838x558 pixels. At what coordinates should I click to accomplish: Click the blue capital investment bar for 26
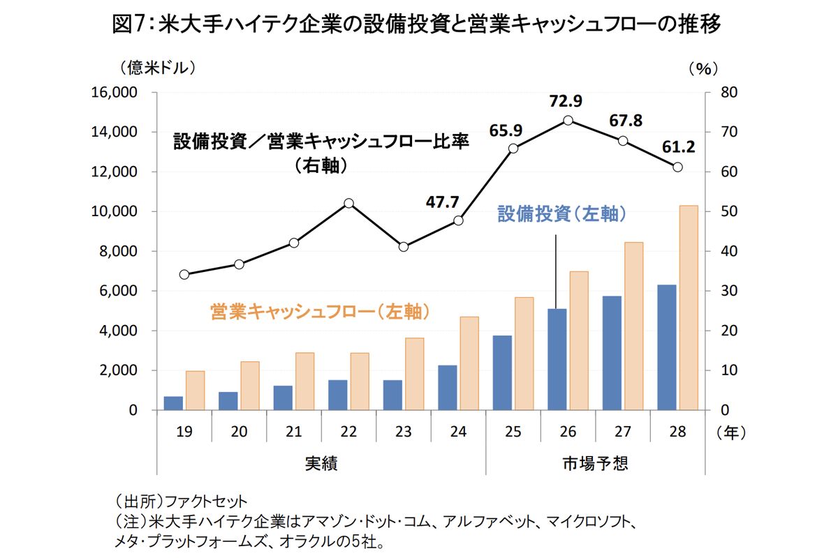coord(557,359)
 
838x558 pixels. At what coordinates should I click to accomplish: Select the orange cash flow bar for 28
coord(689,308)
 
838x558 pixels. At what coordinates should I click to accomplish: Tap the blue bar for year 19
coord(174,403)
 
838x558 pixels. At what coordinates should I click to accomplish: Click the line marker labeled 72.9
coord(568,121)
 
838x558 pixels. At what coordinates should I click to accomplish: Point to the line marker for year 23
coord(404,247)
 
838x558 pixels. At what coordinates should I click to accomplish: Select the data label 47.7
coord(443,202)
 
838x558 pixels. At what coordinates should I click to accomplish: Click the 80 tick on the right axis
coord(721,93)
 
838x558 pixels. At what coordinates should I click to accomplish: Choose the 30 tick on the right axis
coord(721,291)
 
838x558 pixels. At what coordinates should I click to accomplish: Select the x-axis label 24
coord(458,432)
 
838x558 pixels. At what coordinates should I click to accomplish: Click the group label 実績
coord(321,463)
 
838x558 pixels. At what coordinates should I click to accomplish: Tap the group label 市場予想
coord(595,463)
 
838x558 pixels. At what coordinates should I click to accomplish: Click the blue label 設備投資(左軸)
coord(561,214)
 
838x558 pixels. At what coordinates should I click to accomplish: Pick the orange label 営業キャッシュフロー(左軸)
coord(319,311)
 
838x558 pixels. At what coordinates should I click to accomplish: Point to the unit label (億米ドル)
coord(156,68)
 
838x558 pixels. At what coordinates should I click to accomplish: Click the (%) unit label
coord(703,68)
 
